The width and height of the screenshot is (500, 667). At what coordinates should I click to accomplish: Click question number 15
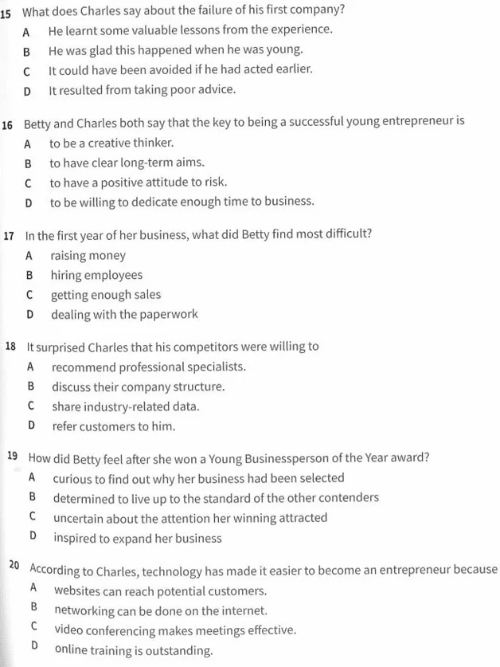click(x=6, y=13)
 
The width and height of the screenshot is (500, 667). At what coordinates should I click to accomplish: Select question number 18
click(x=10, y=346)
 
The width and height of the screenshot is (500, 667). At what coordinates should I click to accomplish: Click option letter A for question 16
click(x=28, y=144)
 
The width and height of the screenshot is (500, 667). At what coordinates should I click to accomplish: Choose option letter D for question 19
click(x=33, y=536)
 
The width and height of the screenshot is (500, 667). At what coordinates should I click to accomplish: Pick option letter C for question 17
click(x=29, y=295)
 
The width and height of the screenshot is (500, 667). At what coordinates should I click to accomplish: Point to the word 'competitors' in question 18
click(x=203, y=347)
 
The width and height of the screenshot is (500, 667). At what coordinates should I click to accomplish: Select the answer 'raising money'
click(x=88, y=256)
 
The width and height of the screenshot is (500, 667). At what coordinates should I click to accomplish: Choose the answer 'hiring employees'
click(x=96, y=276)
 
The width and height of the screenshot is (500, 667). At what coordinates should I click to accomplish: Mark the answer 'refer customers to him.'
click(x=114, y=426)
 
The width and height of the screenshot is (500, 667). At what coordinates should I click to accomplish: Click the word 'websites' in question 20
click(x=77, y=590)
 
